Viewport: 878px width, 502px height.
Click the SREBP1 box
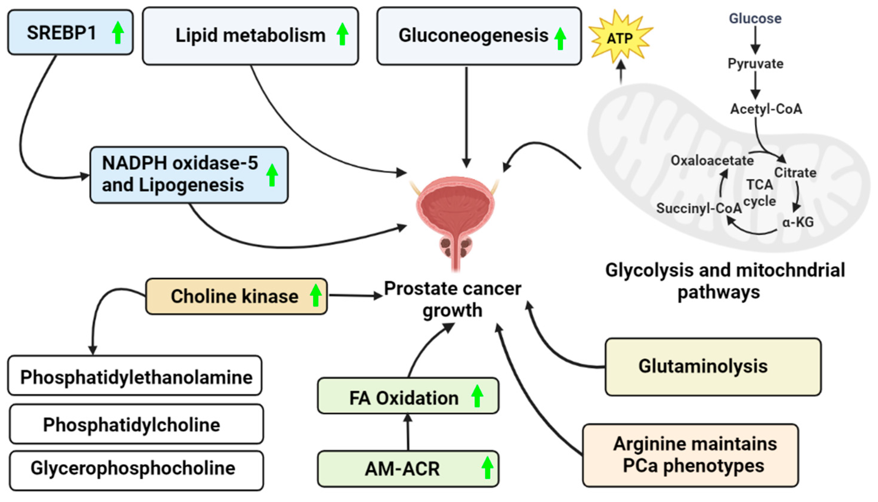click(x=70, y=32)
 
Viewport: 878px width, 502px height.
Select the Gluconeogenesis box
click(x=479, y=36)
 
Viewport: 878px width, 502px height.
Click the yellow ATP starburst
click(x=620, y=37)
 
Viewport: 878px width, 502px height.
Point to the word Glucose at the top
click(x=755, y=18)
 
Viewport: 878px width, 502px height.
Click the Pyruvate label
click(x=755, y=63)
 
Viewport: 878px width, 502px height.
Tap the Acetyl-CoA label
click(x=766, y=109)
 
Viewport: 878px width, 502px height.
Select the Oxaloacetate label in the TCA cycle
click(x=712, y=161)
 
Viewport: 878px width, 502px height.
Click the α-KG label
click(x=798, y=222)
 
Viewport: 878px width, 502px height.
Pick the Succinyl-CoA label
click(x=699, y=208)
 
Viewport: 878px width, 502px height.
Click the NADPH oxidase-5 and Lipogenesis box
click(x=189, y=175)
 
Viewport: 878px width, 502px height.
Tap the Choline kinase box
click(x=236, y=297)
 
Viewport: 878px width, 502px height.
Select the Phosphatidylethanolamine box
click(x=135, y=376)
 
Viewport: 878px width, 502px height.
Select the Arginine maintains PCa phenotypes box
click(x=691, y=455)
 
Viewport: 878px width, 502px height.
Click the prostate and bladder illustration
click(x=455, y=221)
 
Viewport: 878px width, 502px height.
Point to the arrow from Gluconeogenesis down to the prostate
click(x=466, y=117)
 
